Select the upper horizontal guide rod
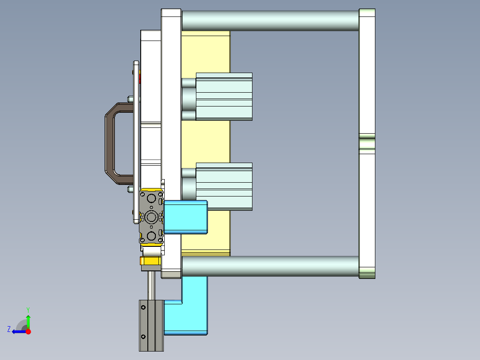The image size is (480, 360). [270, 20]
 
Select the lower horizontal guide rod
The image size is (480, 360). [270, 266]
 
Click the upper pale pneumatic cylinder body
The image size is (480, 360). [224, 97]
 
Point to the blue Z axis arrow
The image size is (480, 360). [18, 331]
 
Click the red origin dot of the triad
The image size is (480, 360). [28, 331]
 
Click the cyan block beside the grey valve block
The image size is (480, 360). [185, 217]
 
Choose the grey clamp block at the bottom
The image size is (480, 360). [151, 325]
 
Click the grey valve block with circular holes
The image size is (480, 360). [151, 217]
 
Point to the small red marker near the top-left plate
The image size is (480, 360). [141, 79]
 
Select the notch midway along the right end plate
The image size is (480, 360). [367, 143]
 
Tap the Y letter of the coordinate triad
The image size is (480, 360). [28, 309]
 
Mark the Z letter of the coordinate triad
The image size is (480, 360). [9, 329]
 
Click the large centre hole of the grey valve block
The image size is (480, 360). [151, 217]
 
